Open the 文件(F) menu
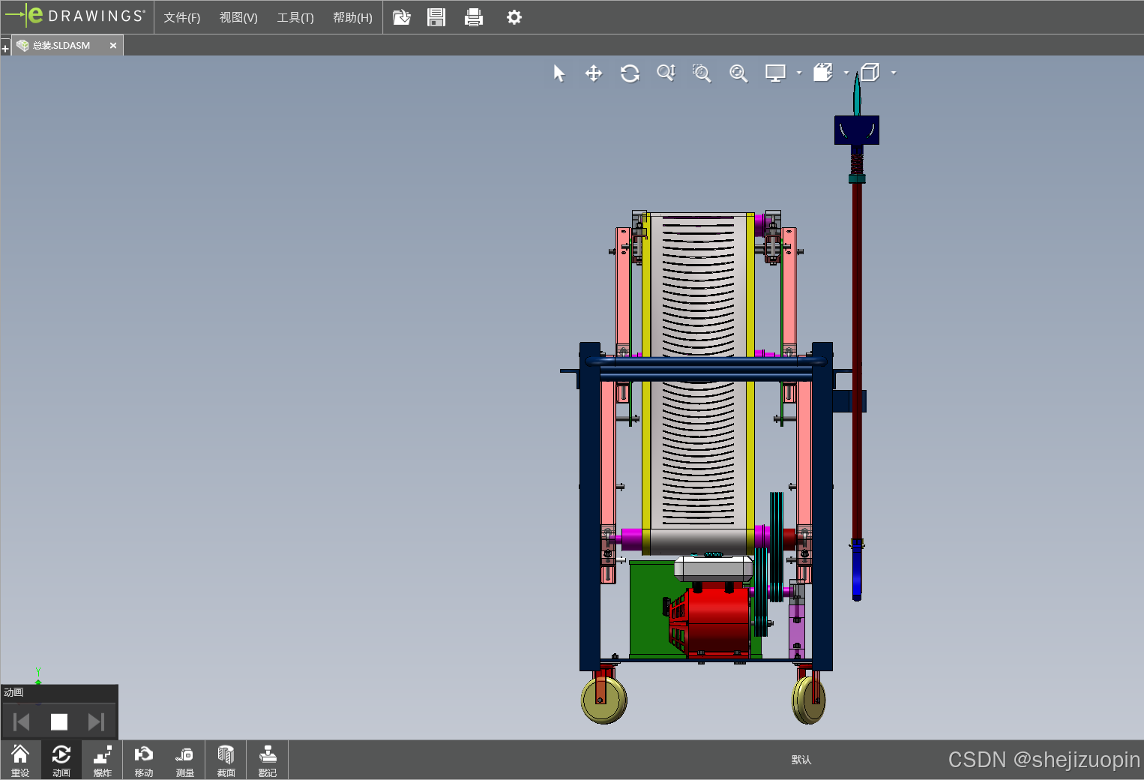[x=182, y=18]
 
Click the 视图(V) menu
[x=238, y=18]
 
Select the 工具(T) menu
[x=295, y=18]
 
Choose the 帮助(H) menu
[x=352, y=18]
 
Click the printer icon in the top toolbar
[x=474, y=17]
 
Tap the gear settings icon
[x=514, y=17]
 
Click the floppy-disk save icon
[x=436, y=17]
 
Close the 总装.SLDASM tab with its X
[x=113, y=46]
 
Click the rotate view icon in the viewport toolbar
[x=630, y=73]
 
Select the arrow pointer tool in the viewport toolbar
[x=559, y=73]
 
